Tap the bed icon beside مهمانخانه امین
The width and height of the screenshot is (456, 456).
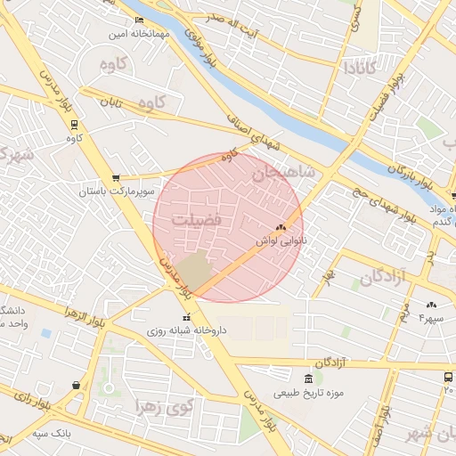coord(138,20)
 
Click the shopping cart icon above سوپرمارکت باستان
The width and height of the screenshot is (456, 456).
coord(116,178)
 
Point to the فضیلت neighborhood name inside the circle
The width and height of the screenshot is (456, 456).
coord(196,219)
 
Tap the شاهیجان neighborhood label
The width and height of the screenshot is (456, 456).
coord(283,174)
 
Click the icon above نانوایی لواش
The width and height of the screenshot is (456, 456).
coord(281,227)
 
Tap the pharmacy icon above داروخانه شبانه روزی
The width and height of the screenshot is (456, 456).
coord(186,317)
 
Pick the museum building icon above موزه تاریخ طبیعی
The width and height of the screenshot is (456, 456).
coord(308,379)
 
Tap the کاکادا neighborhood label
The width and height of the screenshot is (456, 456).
coord(364,67)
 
